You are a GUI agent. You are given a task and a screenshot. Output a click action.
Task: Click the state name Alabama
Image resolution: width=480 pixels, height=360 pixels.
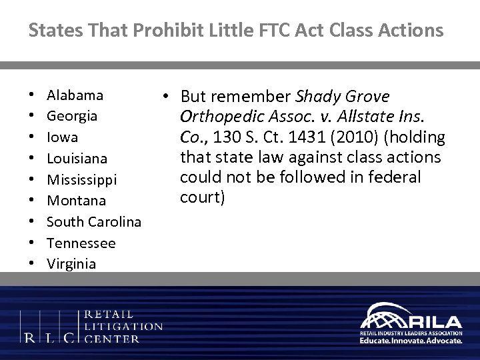(x=75, y=95)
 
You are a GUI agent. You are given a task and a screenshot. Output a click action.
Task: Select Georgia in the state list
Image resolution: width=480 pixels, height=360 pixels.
(x=73, y=116)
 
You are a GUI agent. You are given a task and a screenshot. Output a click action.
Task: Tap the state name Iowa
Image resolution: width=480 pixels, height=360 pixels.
(x=62, y=137)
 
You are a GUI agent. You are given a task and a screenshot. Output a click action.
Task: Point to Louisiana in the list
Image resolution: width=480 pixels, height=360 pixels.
(x=77, y=159)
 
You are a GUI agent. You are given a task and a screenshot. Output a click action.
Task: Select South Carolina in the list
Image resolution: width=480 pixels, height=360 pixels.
(x=94, y=221)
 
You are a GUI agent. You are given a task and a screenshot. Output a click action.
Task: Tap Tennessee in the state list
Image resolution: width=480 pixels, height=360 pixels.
(x=81, y=243)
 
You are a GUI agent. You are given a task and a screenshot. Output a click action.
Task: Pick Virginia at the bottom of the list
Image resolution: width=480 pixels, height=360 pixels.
(x=71, y=264)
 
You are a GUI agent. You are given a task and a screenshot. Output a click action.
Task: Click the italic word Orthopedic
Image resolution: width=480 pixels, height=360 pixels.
(x=217, y=117)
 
